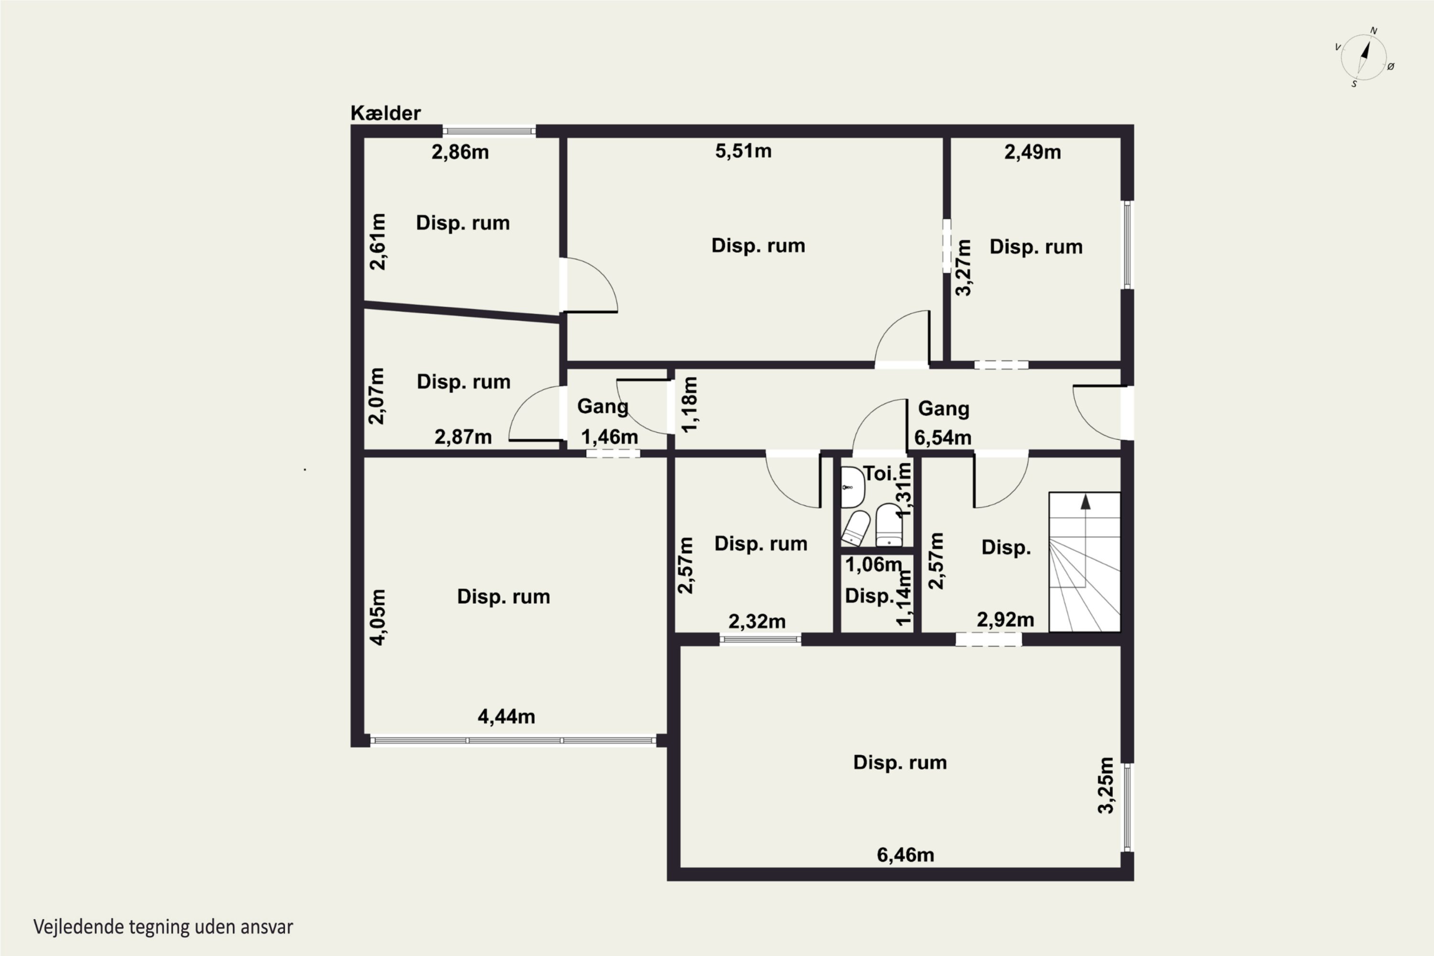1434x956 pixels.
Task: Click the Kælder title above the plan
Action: point(385,113)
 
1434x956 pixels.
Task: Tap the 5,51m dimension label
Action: point(743,151)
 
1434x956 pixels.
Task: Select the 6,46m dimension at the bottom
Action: point(905,855)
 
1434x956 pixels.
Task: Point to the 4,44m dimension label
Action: point(506,717)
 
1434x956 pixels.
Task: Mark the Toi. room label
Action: point(880,473)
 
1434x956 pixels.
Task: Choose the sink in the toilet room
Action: point(852,487)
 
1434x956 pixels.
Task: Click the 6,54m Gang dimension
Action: point(943,437)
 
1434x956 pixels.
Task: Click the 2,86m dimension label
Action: point(460,152)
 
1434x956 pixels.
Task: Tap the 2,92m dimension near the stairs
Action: point(1005,619)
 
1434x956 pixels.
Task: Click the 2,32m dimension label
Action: point(757,621)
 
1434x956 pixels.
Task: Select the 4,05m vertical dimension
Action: point(378,617)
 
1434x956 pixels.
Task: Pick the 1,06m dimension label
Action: point(873,565)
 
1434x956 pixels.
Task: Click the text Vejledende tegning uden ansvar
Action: point(163,927)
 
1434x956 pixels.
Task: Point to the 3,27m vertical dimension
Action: point(963,268)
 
